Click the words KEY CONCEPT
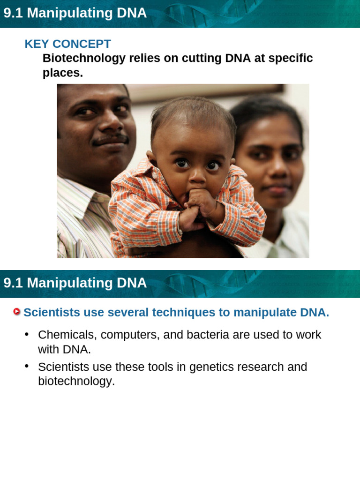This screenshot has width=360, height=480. [x=67, y=44]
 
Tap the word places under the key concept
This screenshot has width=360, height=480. [x=62, y=73]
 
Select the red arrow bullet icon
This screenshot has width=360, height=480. [x=17, y=312]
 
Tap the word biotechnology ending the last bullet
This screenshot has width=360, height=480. [x=76, y=381]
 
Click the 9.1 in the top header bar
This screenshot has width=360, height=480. [x=13, y=14]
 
